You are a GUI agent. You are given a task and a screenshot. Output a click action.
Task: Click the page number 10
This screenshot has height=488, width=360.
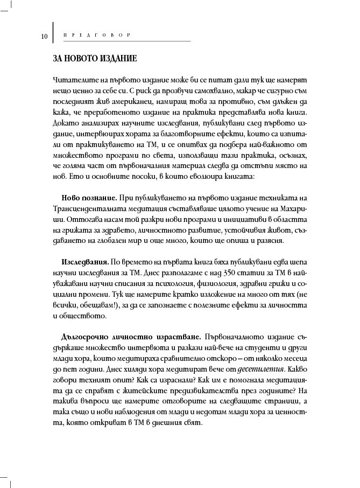point(45,37)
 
